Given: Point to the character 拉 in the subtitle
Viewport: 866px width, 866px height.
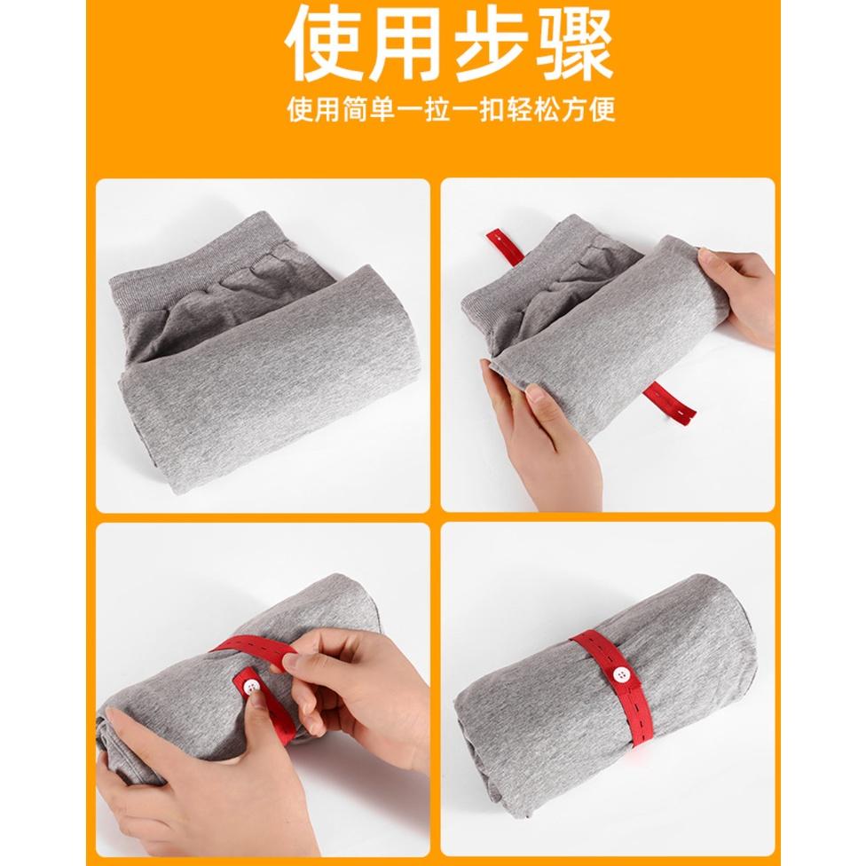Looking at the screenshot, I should (437, 110).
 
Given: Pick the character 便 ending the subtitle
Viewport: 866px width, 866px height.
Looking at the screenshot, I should (602, 110).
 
